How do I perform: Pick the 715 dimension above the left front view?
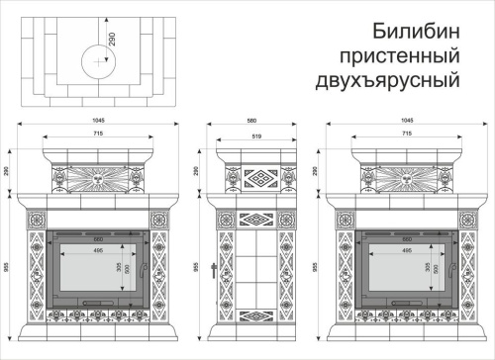(x=99, y=133)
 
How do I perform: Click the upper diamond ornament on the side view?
(x=259, y=179)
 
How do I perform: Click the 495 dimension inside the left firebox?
(x=99, y=251)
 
